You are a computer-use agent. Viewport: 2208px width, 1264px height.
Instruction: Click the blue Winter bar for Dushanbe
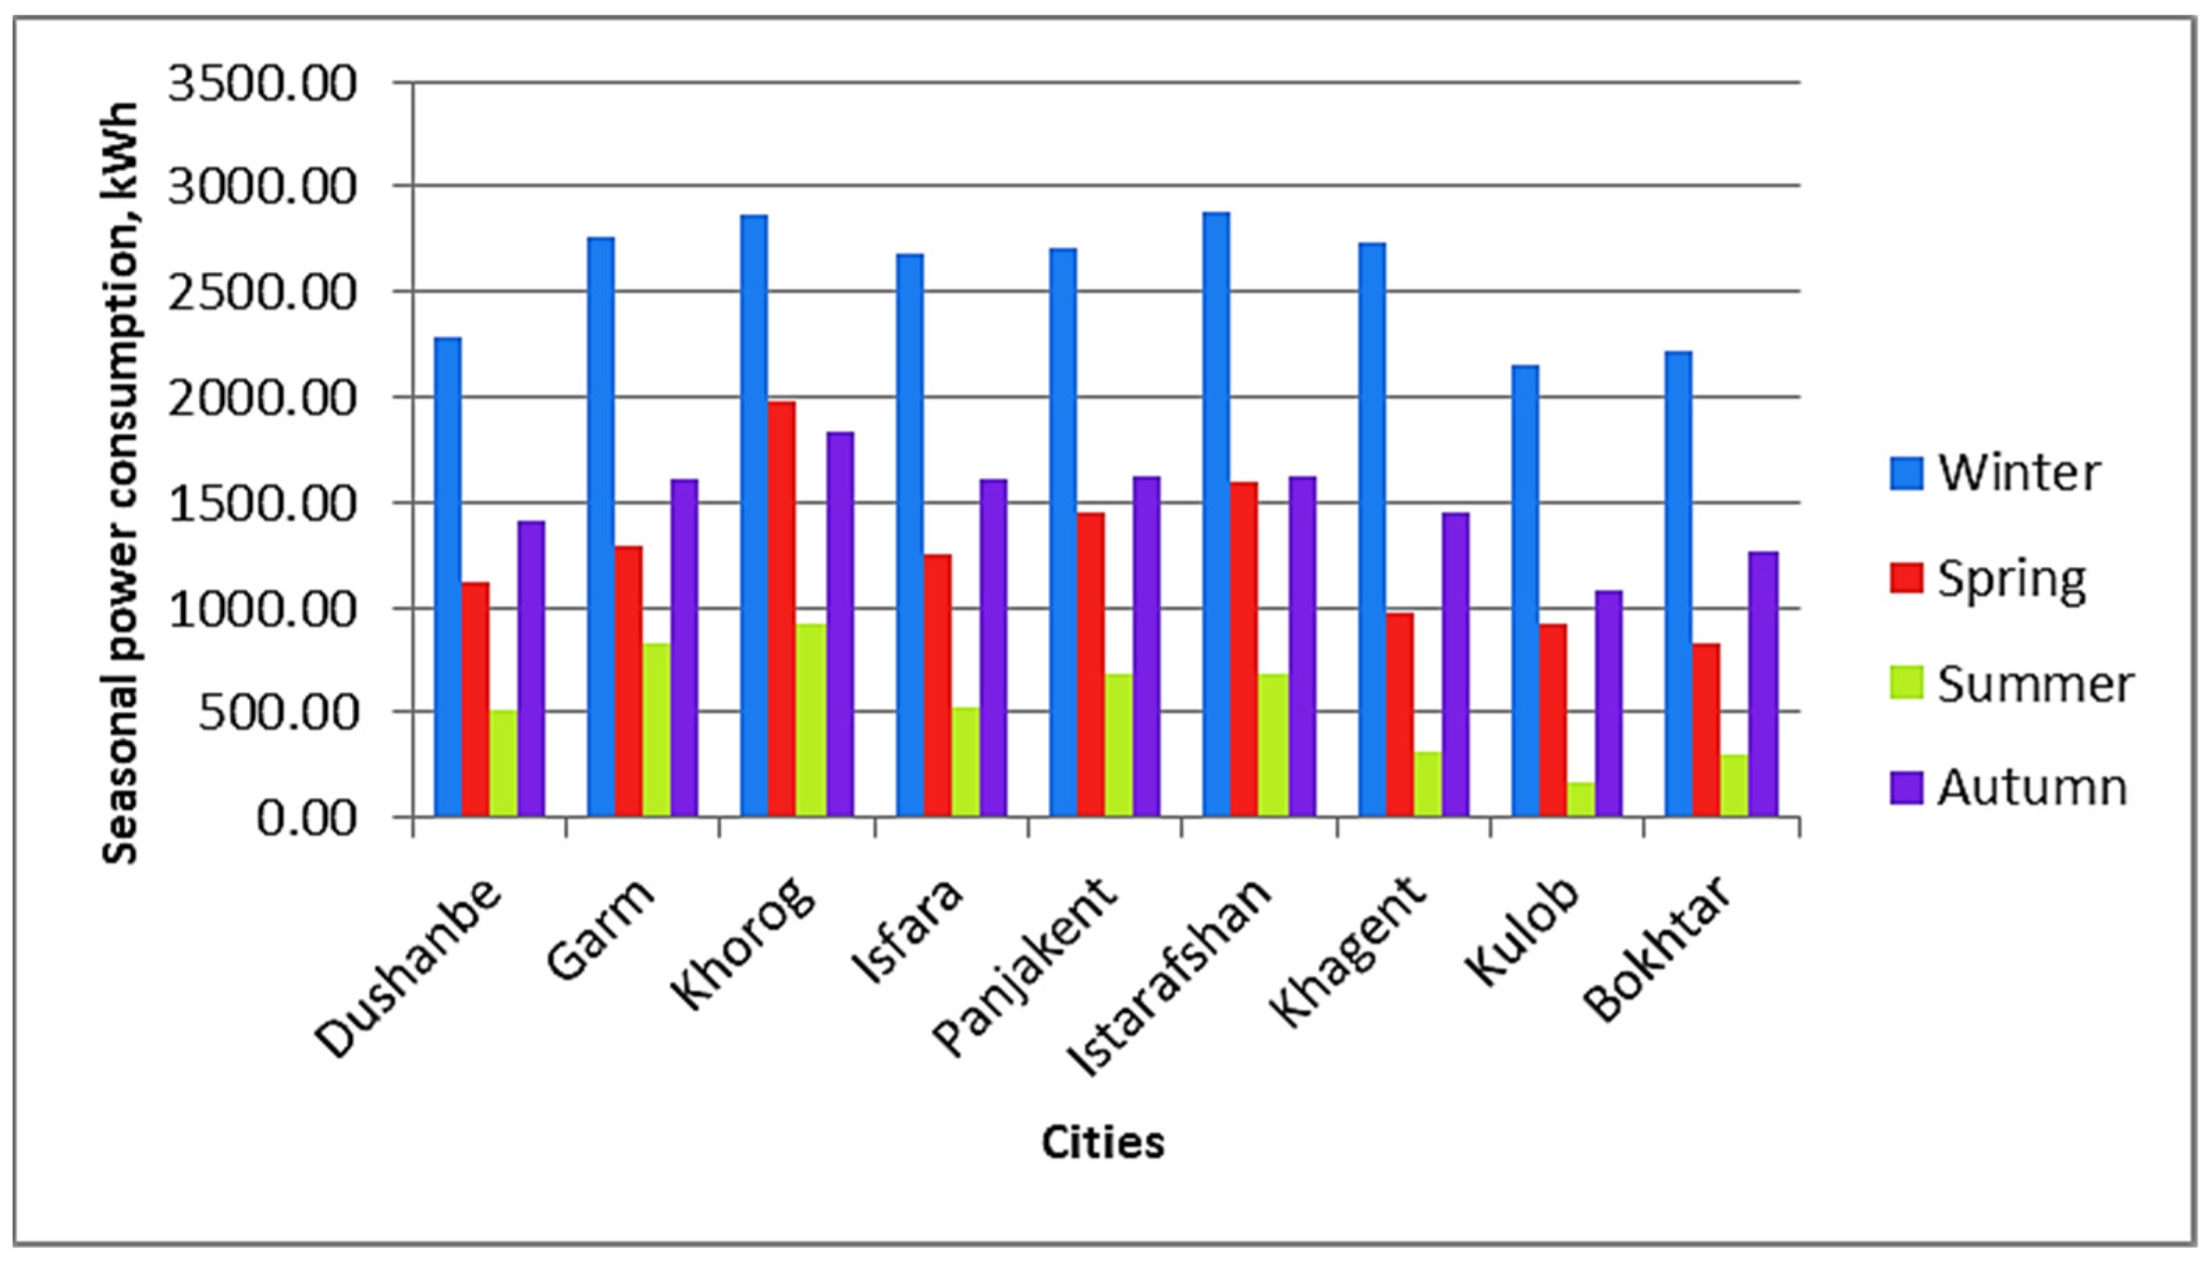pos(448,577)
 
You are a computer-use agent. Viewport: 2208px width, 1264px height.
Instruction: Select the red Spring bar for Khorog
pos(781,609)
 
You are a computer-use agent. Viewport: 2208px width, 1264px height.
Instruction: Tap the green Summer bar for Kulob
pos(1580,799)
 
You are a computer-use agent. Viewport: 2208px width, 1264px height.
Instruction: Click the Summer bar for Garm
pos(656,729)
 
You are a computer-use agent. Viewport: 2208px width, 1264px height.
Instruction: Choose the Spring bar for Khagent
pos(1399,714)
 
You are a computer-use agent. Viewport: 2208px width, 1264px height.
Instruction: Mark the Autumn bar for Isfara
pos(993,648)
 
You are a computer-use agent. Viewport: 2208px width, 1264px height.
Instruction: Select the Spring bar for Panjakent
pos(1090,664)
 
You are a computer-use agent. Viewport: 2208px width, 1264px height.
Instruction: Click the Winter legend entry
pos(1997,474)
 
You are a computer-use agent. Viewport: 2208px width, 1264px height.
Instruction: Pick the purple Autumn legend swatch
pos(1907,788)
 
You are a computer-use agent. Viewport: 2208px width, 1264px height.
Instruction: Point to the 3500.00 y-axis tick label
pos(262,84)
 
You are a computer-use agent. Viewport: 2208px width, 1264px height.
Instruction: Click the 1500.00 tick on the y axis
pos(262,504)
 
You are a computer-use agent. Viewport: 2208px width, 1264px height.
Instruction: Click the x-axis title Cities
pos(1103,1142)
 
